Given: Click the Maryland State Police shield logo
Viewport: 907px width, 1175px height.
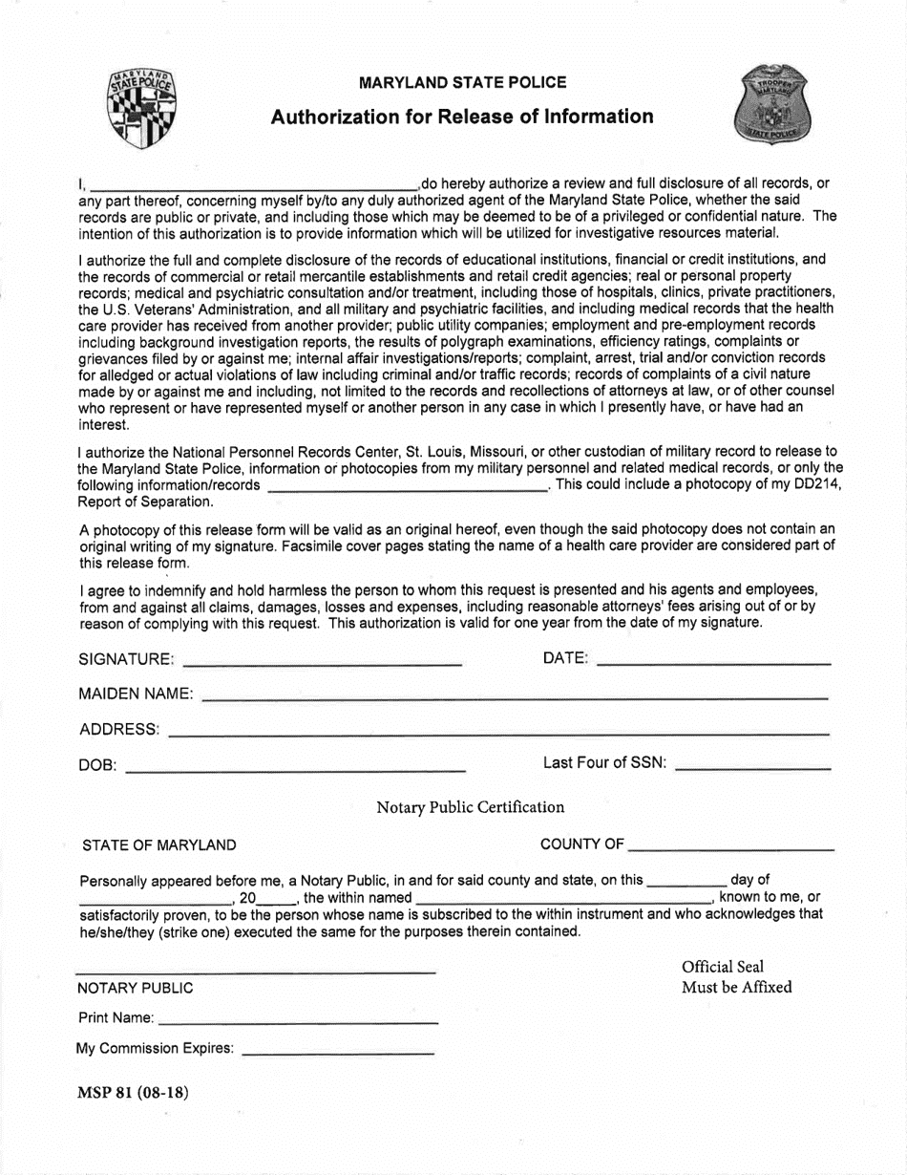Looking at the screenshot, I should (x=142, y=109).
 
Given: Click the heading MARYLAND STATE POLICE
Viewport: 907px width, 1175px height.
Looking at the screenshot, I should (x=462, y=83).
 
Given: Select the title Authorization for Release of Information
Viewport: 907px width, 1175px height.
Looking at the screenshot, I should (x=462, y=117).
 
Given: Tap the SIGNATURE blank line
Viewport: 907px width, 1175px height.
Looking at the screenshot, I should (x=322, y=659).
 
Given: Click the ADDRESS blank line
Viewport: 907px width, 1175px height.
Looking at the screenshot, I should (x=497, y=731).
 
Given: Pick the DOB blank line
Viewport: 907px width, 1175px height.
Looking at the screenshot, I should (x=295, y=766).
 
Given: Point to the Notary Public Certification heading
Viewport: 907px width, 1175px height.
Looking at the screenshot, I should (x=470, y=807).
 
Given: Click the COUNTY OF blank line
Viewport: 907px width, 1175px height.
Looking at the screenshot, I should (x=731, y=845).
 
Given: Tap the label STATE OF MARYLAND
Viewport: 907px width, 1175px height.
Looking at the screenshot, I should (x=159, y=845).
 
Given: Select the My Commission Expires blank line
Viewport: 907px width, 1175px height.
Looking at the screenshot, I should (x=338, y=1050).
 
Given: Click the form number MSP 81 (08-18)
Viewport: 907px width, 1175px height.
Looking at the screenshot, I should (x=133, y=1094).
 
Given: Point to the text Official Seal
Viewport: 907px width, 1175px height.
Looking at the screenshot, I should (x=723, y=967).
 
